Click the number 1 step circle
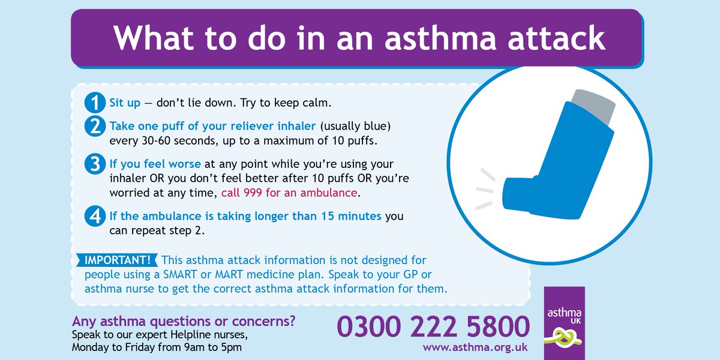[x=94, y=103]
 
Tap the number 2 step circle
[x=94, y=127]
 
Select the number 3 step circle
[x=94, y=164]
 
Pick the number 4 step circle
[x=94, y=216]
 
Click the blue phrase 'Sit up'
[x=124, y=103]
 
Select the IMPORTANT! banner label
[x=118, y=261]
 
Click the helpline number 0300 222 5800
[x=433, y=326]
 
